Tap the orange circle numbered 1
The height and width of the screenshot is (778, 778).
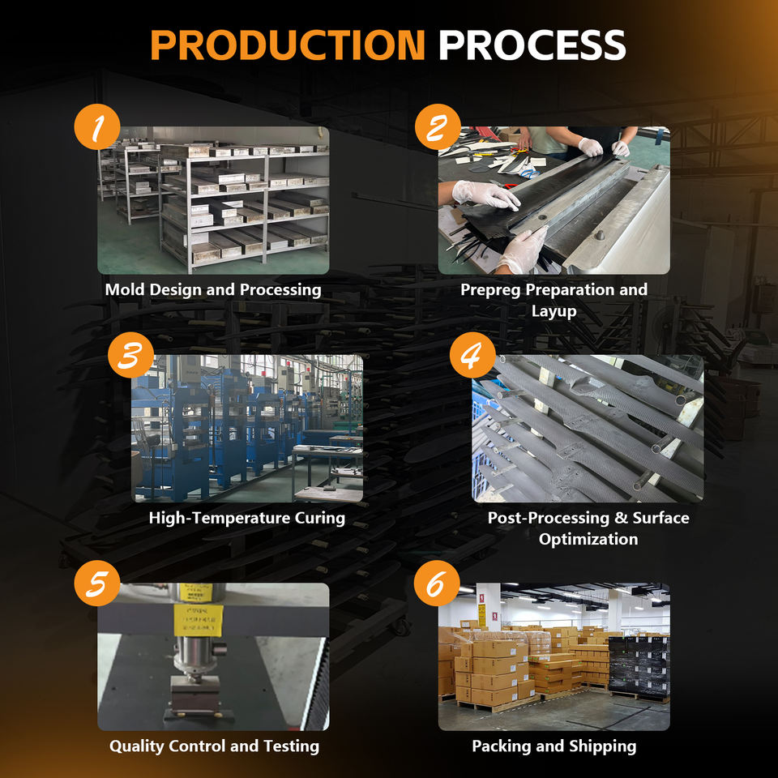click(97, 128)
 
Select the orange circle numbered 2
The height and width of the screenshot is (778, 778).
click(438, 128)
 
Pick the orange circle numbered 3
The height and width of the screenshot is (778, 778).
click(130, 355)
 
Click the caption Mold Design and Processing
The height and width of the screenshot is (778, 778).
click(213, 289)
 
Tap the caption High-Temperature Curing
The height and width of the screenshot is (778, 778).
click(247, 517)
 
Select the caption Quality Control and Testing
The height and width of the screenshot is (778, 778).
click(214, 746)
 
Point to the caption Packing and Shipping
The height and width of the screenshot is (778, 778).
click(554, 746)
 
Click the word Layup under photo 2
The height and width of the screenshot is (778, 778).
click(554, 311)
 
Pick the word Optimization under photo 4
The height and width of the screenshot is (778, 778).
click(588, 539)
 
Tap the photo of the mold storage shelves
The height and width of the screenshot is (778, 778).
click(213, 200)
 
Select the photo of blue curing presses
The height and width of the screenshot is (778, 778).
click(247, 428)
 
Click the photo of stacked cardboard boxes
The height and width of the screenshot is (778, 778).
click(554, 656)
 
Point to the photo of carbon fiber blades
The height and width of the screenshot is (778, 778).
click(588, 428)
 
